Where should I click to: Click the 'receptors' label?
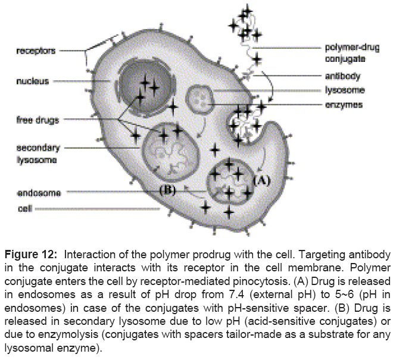click(x=36, y=51)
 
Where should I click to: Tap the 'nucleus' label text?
click(x=33, y=81)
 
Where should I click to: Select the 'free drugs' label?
click(x=38, y=120)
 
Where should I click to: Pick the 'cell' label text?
click(x=24, y=209)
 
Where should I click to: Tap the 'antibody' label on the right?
click(x=342, y=77)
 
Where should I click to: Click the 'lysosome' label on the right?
click(x=345, y=90)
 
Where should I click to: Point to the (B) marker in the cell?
click(x=169, y=190)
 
